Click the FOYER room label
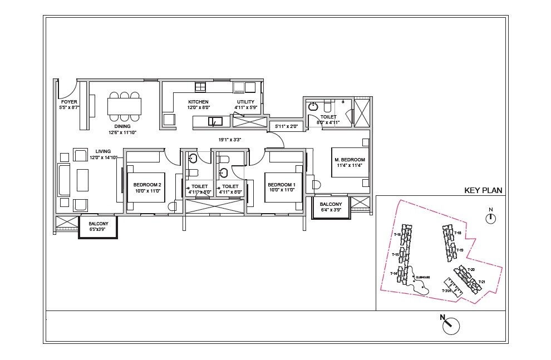tap(70, 102)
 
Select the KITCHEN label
tap(198, 102)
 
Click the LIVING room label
tap(103, 151)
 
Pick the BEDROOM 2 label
tap(147, 185)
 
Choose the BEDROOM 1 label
tap(281, 185)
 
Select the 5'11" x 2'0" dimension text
tap(286, 127)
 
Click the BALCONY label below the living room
tap(98, 225)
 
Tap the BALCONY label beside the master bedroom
tap(331, 204)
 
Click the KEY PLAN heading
tap(483, 190)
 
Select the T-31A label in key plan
tap(446, 291)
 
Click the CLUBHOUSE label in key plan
tap(423, 277)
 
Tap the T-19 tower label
tap(459, 250)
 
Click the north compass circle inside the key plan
tap(490, 219)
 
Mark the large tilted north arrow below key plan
tap(451, 325)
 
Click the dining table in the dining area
tap(124, 106)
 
